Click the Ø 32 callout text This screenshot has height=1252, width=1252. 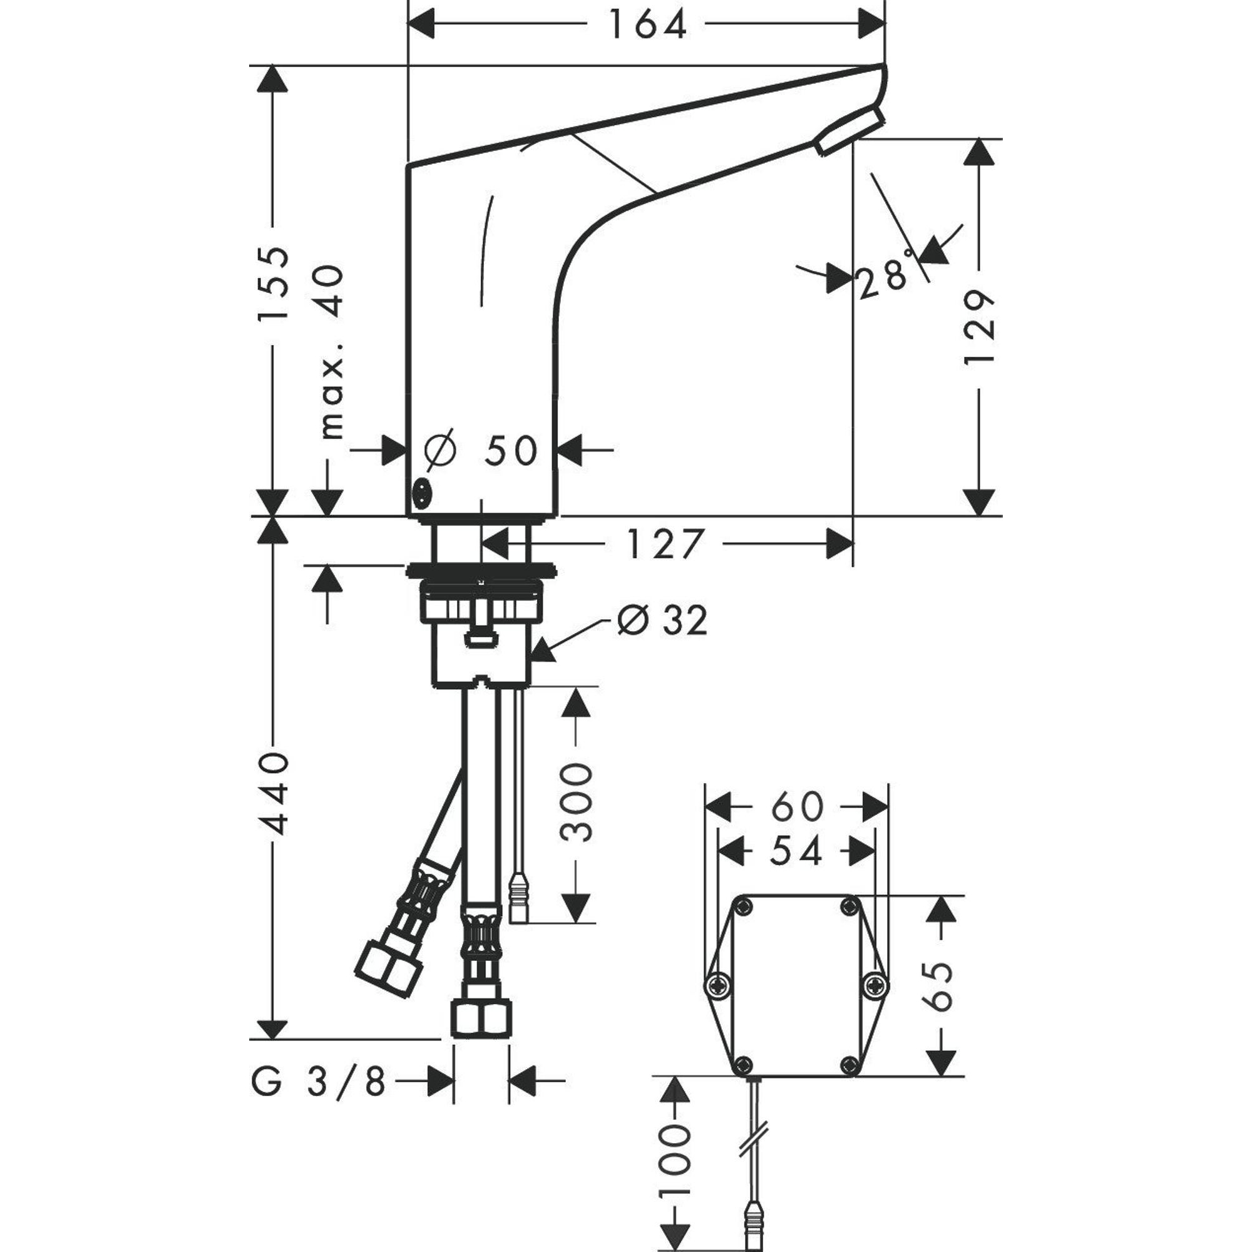point(661,621)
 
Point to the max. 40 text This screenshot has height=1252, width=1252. point(332,351)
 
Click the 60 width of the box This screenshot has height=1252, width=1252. point(796,807)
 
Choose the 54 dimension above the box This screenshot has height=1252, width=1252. point(796,851)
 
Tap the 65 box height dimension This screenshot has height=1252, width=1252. point(939,987)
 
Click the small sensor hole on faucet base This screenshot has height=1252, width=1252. point(422,495)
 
